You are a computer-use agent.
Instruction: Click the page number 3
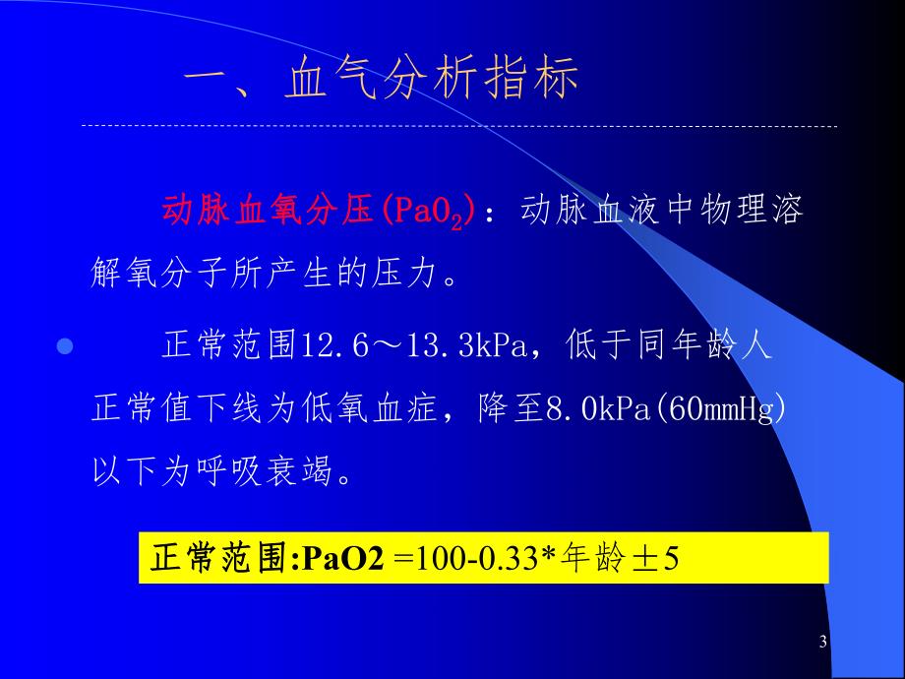click(x=823, y=643)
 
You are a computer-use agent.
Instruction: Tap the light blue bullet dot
click(x=67, y=347)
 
